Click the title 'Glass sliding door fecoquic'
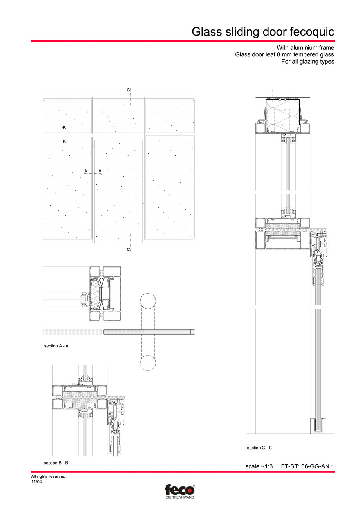(263, 32)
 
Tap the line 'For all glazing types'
(308, 62)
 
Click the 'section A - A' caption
(56, 346)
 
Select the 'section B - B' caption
(56, 463)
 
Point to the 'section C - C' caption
(259, 448)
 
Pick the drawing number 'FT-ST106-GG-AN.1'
(308, 466)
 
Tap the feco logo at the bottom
(179, 491)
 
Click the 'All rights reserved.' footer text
(49, 477)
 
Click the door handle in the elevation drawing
(136, 189)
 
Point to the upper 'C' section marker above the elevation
(128, 90)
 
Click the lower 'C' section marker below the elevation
(128, 249)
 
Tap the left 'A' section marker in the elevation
(85, 171)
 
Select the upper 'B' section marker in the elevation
(65, 128)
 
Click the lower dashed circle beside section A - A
(148, 363)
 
